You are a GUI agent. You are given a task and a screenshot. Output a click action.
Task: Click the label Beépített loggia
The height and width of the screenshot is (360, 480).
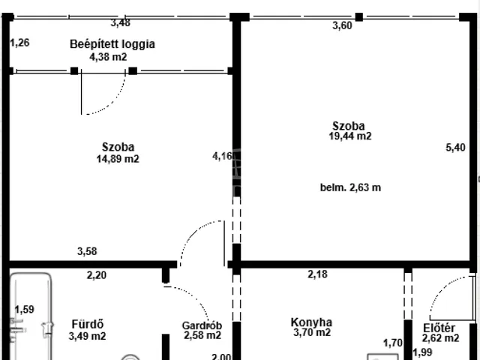coord(112,43)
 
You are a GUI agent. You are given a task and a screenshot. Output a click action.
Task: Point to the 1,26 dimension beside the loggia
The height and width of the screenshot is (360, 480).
coord(20,42)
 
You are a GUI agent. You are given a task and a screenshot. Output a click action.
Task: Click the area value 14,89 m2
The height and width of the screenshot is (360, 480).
coord(118,158)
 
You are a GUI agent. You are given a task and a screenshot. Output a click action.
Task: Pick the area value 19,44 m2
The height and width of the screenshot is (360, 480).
coord(350,136)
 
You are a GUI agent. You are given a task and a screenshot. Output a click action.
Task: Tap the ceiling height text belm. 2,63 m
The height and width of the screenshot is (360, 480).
coord(350,187)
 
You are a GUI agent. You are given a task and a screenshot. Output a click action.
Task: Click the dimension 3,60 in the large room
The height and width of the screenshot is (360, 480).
coord(342,25)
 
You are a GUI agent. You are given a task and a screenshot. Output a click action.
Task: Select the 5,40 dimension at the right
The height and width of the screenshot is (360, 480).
coord(455,148)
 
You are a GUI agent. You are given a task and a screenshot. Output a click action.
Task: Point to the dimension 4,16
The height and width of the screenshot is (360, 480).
coord(222,156)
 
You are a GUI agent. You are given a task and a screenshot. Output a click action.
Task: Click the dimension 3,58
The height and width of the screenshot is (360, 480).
coord(87,251)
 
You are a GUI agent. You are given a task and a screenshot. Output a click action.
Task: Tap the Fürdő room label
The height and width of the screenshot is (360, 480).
coord(86,325)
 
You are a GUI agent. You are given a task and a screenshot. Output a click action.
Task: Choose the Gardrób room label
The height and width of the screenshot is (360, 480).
coord(199,325)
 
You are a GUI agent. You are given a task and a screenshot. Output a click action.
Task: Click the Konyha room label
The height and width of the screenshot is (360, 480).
coord(311,323)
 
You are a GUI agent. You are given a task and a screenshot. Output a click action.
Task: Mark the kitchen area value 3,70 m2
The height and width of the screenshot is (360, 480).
coord(311,334)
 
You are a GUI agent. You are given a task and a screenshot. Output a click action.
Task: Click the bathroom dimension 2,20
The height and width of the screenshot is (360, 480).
coord(96,275)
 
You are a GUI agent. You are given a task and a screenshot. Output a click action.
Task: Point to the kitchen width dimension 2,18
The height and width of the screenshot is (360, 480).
coord(317,274)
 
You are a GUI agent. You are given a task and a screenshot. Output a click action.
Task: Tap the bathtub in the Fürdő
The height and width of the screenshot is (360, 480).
coord(30,315)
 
